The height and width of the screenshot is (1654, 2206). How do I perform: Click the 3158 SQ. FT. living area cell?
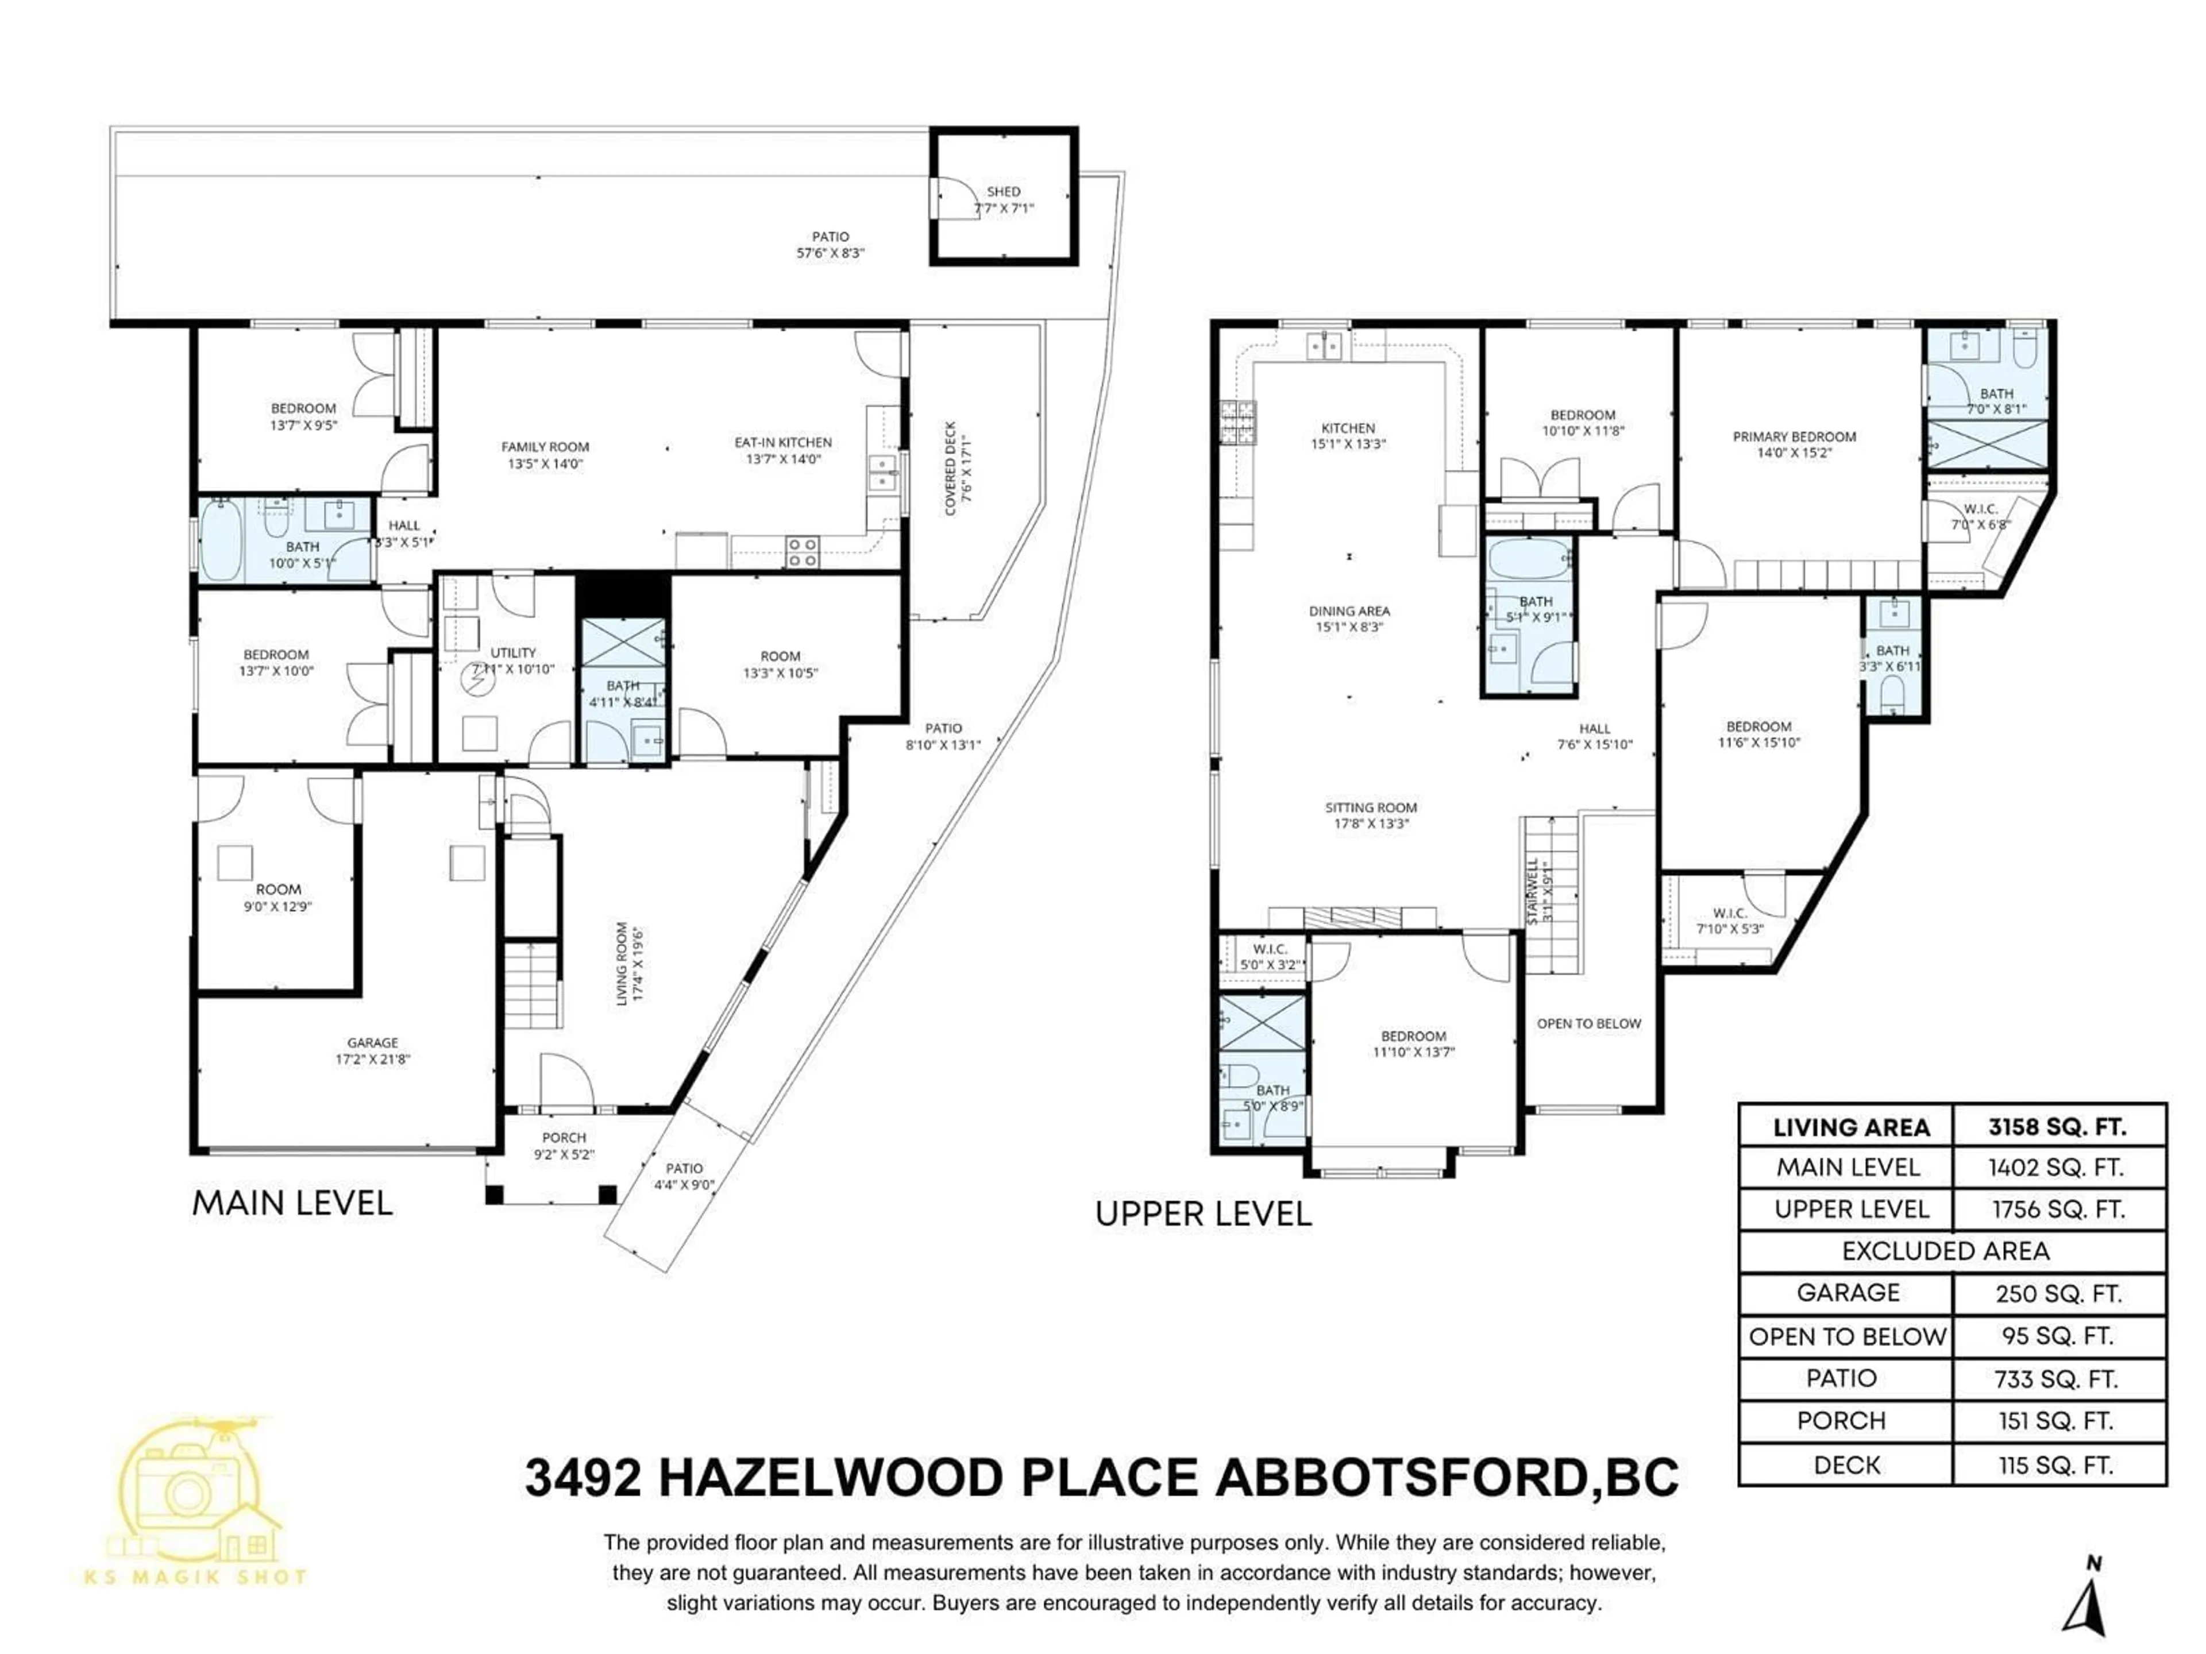click(2057, 1127)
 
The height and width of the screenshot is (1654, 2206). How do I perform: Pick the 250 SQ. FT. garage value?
click(2057, 1294)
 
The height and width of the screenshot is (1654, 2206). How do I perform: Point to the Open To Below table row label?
click(1847, 1337)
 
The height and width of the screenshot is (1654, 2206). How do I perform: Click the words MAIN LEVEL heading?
click(292, 1203)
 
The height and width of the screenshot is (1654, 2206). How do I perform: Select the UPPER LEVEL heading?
click(1203, 1214)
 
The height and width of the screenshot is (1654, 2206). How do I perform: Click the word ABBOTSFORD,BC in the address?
click(1446, 1478)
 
